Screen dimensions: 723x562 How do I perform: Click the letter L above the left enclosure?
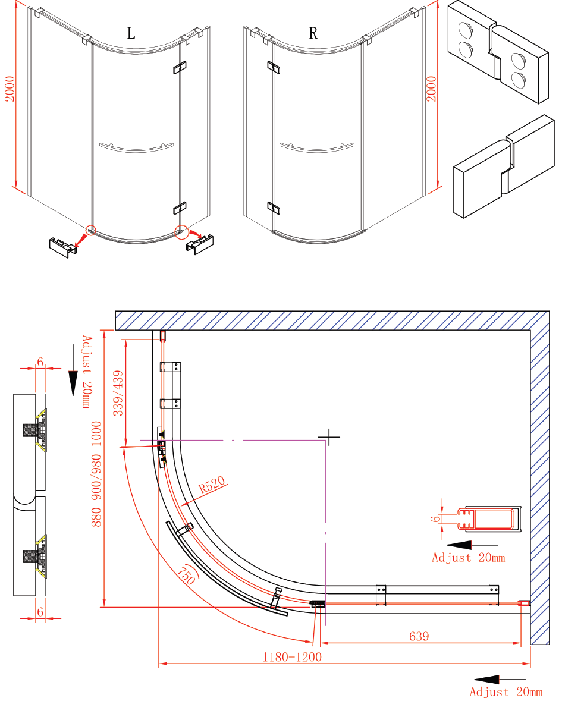click(131, 33)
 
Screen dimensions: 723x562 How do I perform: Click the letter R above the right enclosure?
click(313, 33)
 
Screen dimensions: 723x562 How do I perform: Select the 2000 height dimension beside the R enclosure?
click(432, 89)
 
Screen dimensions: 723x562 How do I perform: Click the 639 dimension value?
click(419, 636)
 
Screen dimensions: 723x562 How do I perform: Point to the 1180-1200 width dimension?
click(292, 657)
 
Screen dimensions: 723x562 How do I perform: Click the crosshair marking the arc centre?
click(328, 438)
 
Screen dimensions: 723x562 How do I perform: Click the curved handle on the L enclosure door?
click(136, 147)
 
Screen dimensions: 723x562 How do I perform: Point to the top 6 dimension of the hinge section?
click(40, 362)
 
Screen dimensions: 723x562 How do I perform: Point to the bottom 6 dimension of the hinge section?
click(40, 611)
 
